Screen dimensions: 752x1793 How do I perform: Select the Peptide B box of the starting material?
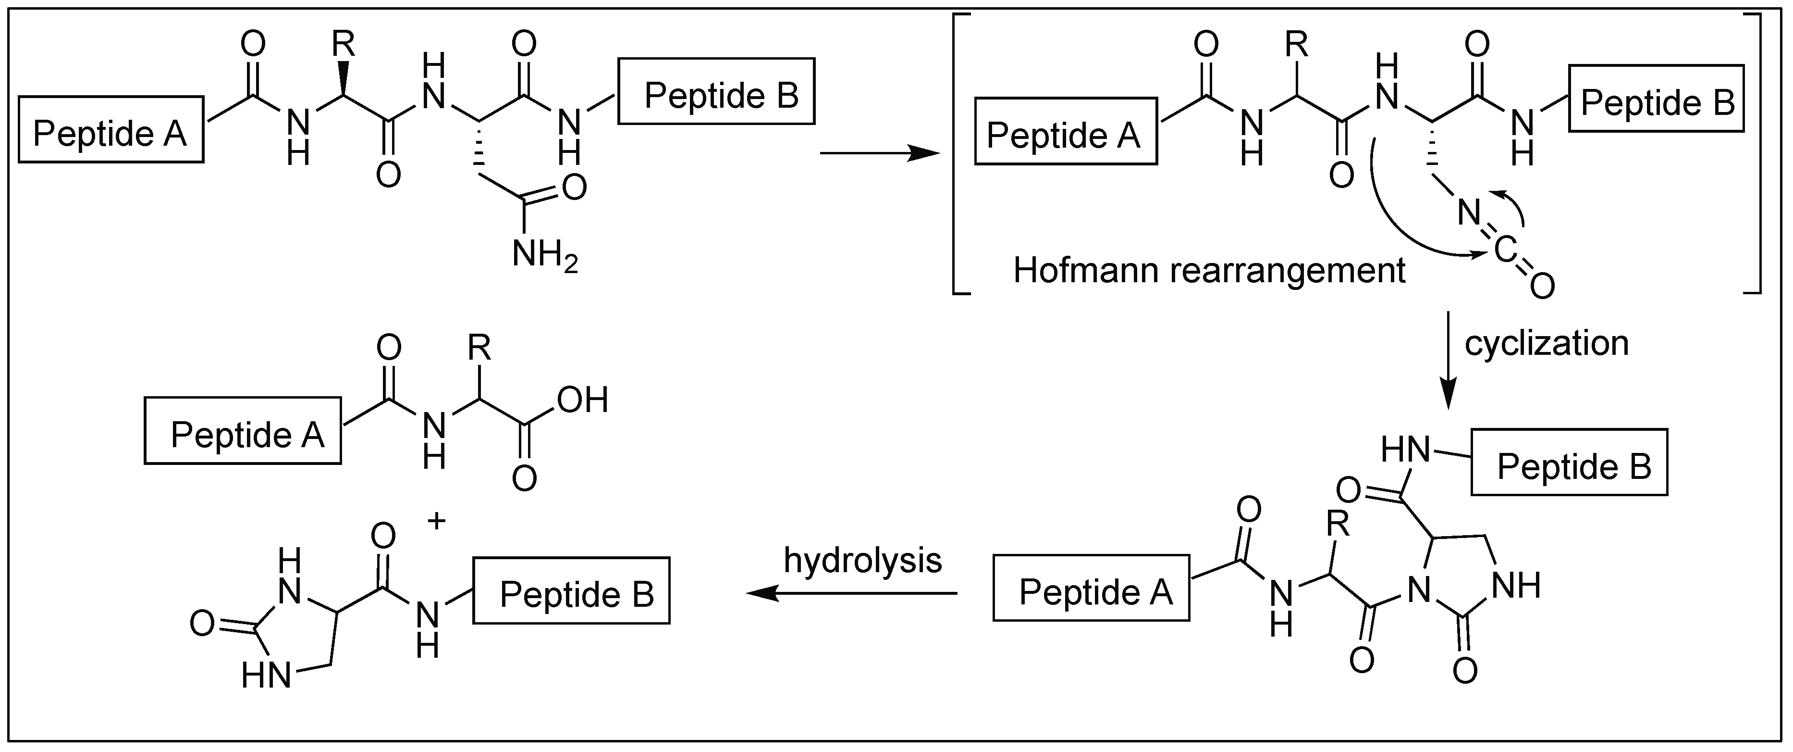coord(716,92)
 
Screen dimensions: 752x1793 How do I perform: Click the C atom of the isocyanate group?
coord(1504,250)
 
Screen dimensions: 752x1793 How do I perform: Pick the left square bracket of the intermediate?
coord(959,153)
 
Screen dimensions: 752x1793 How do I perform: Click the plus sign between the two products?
coord(436,521)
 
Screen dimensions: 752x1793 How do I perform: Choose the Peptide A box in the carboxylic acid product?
coord(243,431)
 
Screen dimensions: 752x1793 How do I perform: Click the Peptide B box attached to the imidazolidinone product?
coord(571,590)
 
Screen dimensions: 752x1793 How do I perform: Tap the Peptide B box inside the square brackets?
coord(1657,99)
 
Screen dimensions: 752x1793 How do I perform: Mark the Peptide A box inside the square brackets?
coord(1066,132)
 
